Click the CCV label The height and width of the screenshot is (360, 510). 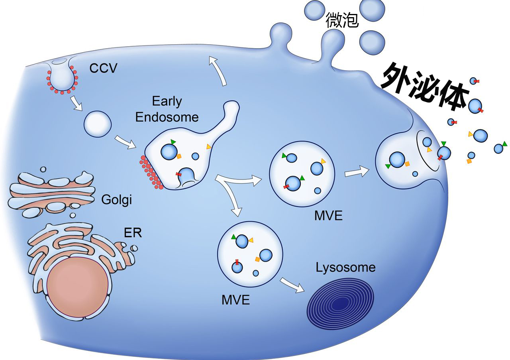103,68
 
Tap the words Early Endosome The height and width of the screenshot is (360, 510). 167,109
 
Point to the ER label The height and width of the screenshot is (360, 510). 133,232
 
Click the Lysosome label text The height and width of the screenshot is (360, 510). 345,267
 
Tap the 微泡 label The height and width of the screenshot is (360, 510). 342,20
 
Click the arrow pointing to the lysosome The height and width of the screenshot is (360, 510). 292,285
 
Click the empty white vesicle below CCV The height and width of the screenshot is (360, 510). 97,124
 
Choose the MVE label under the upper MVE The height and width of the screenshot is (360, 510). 328,216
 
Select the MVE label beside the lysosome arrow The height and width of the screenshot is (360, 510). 235,299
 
